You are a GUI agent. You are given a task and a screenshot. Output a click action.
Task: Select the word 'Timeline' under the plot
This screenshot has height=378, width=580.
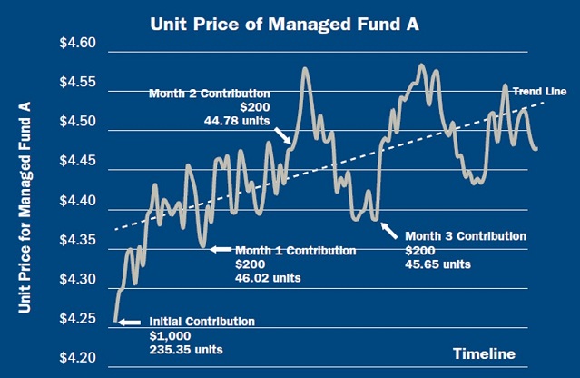484,353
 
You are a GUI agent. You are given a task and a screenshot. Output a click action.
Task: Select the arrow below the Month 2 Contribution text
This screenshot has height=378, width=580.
283,136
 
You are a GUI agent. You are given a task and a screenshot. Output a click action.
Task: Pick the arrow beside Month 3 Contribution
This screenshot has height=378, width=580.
388,230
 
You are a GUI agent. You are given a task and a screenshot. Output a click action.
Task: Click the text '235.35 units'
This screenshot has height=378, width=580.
185,349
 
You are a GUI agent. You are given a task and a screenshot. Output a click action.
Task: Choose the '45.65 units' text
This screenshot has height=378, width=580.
437,264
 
